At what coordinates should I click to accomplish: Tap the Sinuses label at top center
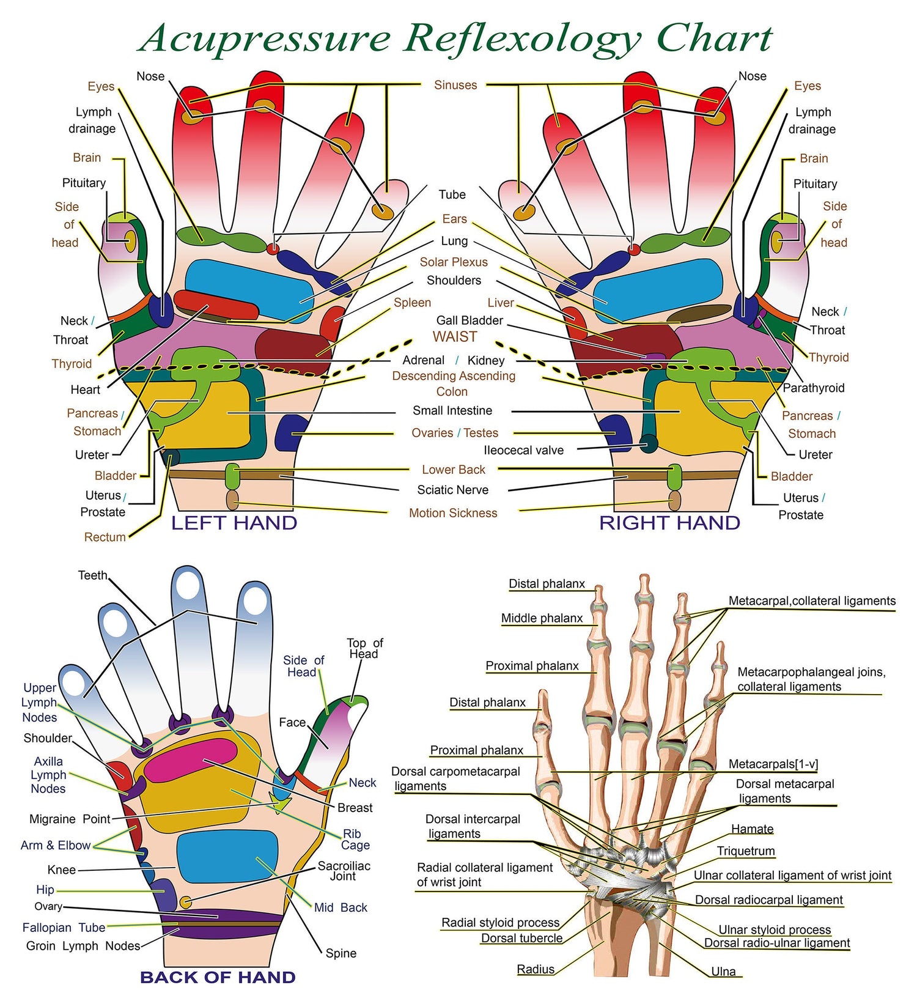[x=455, y=85]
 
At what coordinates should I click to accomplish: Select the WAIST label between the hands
[x=454, y=337]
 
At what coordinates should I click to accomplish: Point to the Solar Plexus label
[x=454, y=262]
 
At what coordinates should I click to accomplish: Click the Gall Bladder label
[x=470, y=320]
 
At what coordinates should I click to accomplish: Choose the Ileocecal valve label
[x=523, y=450]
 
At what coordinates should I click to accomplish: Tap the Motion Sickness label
[x=453, y=513]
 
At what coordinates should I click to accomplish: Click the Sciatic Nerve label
[x=452, y=490]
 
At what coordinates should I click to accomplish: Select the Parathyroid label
[x=813, y=388]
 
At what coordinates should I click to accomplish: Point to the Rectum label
[x=105, y=537]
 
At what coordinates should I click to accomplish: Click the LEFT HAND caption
[x=234, y=523]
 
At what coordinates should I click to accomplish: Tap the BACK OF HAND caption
[x=218, y=977]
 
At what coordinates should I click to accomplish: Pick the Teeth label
[x=93, y=575]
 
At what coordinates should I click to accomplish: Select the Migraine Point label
[x=70, y=819]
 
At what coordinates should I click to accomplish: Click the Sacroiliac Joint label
[x=344, y=871]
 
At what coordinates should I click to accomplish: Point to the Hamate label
[x=753, y=829]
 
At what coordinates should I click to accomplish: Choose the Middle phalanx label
[x=542, y=618]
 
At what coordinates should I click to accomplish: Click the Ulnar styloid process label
[x=775, y=929]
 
